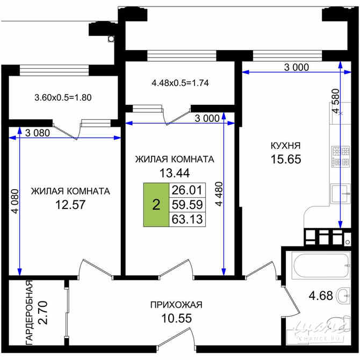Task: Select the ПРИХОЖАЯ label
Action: [176, 305]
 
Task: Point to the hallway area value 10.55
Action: [176, 318]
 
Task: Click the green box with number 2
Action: [156, 204]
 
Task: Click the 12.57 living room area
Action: [70, 205]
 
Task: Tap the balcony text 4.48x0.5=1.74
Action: [179, 83]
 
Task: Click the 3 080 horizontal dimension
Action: [36, 133]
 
